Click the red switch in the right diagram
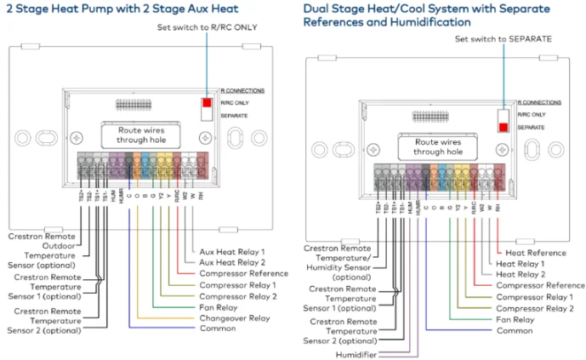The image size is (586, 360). coord(504,128)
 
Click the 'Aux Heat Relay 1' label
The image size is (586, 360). coord(232,252)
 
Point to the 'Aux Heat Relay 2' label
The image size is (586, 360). coord(234,263)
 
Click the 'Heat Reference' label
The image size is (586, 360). coord(536,253)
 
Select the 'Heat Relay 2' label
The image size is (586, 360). coord(521,275)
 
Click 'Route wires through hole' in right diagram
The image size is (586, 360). coord(437,146)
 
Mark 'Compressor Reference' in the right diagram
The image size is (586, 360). coord(540,286)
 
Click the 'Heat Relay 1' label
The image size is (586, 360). coord(521,264)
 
